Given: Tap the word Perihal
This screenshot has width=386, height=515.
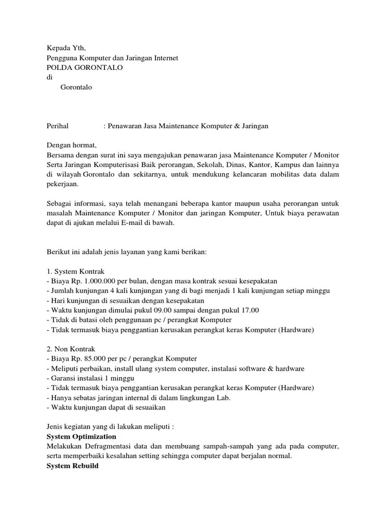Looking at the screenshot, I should (57, 126).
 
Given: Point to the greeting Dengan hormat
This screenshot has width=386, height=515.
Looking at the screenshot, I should (71, 145).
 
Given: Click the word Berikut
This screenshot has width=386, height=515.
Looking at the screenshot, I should (59, 252).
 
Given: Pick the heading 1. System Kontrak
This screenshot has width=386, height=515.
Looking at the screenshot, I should (75, 271).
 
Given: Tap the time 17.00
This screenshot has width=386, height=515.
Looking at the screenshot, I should (249, 310).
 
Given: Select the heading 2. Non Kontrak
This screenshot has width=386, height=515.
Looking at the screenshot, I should (71, 349).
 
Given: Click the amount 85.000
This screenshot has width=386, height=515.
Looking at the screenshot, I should (90, 359).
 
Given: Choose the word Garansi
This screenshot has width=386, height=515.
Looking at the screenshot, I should (63, 378).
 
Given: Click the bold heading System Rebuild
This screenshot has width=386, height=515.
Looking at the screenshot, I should (72, 466).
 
